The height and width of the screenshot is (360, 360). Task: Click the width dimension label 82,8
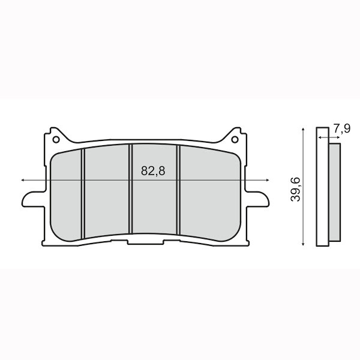pyautogui.click(x=153, y=171)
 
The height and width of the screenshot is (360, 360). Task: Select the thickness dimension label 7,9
pyautogui.click(x=341, y=128)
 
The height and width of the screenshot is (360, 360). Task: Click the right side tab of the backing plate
pyautogui.click(x=259, y=197)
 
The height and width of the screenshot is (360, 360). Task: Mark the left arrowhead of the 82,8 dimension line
pyautogui.click(x=23, y=179)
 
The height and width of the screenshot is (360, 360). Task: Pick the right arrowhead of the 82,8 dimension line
pyautogui.click(x=268, y=179)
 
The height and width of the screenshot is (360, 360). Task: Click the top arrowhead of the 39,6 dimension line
pyautogui.click(x=305, y=130)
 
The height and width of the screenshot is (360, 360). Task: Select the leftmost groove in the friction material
pyautogui.click(x=83, y=192)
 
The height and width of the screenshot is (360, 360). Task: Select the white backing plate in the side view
pyautogui.click(x=322, y=186)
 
